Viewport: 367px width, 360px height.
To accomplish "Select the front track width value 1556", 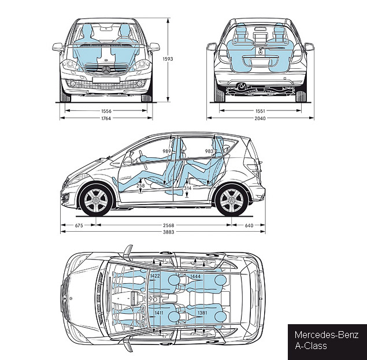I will coord(106,110).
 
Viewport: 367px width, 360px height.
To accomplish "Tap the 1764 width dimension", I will coord(106,118).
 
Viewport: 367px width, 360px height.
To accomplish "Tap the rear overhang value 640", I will coord(249,225).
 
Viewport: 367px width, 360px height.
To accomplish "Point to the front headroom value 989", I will coord(167,151).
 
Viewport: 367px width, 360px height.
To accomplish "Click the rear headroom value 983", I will coord(209,151).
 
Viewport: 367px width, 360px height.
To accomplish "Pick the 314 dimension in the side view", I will coord(187,188).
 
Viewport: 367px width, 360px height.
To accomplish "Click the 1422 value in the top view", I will coord(155,276).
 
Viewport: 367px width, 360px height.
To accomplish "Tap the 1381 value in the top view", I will coord(202,313).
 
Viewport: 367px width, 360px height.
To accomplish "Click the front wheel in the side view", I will coord(97,200).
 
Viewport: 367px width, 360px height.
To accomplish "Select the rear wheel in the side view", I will coord(232,200).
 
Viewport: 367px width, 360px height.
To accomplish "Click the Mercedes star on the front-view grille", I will coord(106,70).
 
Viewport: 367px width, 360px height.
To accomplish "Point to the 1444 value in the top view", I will coord(195,277).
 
